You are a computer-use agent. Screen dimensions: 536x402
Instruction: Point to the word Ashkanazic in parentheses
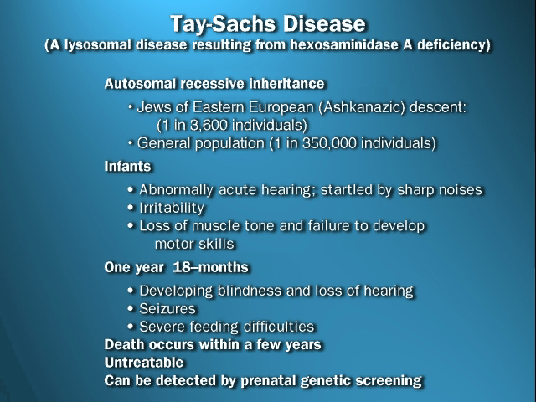364,107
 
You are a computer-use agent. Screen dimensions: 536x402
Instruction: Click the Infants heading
127,167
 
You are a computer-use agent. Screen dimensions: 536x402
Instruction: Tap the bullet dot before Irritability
131,207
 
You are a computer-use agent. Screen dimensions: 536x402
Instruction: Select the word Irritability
172,208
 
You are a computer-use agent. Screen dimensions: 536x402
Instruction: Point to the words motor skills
194,244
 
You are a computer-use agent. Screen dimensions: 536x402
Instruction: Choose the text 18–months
210,267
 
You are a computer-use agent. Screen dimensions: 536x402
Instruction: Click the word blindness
250,291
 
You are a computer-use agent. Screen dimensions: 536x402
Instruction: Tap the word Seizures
167,309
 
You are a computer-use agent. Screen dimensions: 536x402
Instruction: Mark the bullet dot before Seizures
131,308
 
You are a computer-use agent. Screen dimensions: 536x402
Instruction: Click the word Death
124,344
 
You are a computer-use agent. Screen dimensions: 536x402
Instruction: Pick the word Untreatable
144,363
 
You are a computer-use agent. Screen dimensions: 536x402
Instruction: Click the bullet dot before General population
131,142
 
